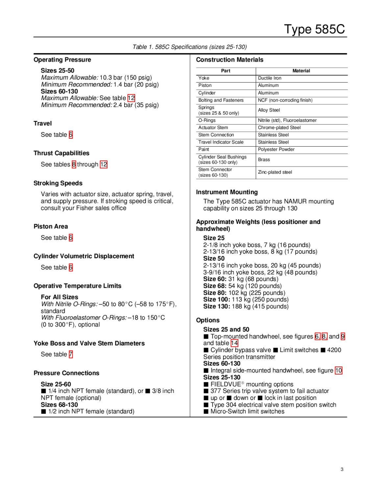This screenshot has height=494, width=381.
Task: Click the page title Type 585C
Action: click(x=314, y=29)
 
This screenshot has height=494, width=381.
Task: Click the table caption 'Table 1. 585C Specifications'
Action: click(x=189, y=47)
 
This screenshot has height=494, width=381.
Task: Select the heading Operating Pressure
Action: click(x=62, y=60)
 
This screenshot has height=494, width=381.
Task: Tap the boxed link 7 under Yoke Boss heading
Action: click(x=71, y=354)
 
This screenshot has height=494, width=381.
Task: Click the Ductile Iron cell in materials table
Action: click(x=270, y=78)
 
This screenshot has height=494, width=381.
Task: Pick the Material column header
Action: click(x=301, y=71)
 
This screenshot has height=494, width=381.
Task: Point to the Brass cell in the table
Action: click(x=264, y=159)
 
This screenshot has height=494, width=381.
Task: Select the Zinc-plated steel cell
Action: click(x=275, y=172)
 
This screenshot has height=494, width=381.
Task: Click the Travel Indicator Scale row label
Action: click(x=221, y=142)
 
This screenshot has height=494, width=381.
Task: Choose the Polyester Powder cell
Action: click(x=276, y=149)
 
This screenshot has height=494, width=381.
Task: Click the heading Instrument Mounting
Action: click(x=227, y=192)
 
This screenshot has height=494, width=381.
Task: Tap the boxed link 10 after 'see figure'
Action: click(x=338, y=370)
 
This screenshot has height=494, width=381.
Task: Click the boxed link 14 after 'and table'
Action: click(x=234, y=343)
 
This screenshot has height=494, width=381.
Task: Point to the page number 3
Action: click(x=342, y=469)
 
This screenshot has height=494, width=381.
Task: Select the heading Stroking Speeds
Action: click(x=58, y=183)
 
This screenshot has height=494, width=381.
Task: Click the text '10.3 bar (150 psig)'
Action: click(x=126, y=77)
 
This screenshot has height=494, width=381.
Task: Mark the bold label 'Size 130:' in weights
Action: click(x=216, y=306)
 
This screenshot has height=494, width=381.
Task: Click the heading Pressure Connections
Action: click(x=66, y=373)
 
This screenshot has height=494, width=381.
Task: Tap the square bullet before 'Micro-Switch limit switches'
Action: click(x=206, y=411)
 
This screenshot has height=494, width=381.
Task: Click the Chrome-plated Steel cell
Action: click(x=279, y=127)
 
